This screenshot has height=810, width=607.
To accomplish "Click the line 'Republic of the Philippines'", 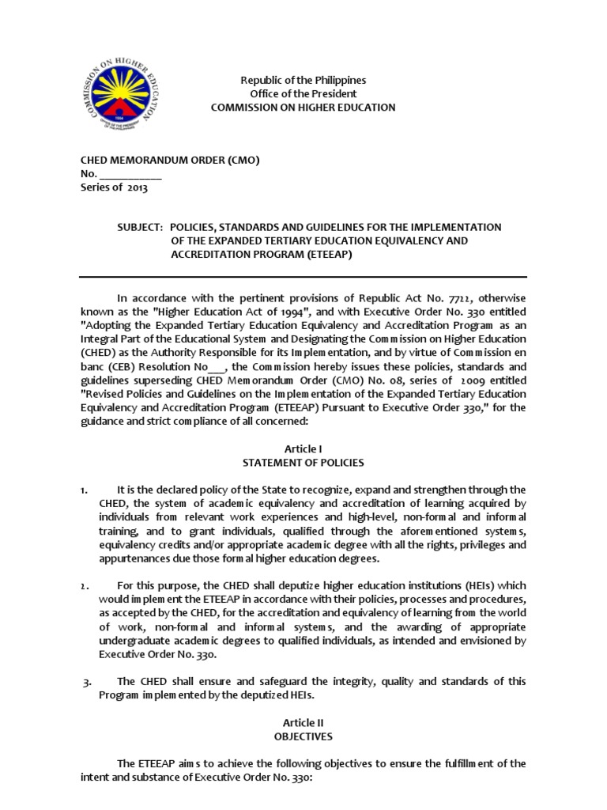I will click(303, 81).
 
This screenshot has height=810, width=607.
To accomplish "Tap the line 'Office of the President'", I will click(303, 93).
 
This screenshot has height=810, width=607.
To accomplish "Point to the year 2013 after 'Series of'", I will click(136, 187).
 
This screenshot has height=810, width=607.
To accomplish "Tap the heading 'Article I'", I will click(303, 449).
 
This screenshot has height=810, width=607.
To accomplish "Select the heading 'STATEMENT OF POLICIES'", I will click(303, 462).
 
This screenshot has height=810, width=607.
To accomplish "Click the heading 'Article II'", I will click(303, 722).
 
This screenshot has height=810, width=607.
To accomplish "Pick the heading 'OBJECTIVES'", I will click(303, 736).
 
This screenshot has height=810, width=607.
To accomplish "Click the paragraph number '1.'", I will click(84, 490).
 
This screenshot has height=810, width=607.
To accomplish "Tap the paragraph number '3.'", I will click(87, 682).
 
